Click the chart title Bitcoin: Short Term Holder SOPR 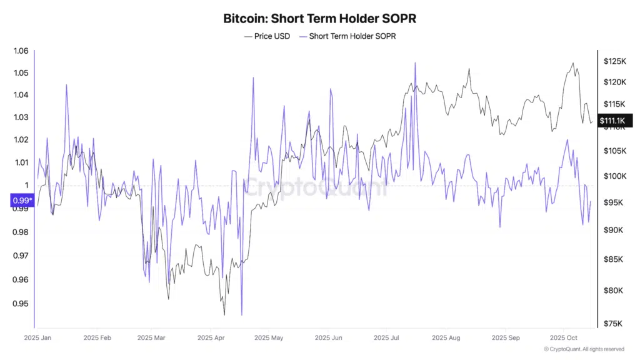point(319,19)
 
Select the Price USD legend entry point(267,36)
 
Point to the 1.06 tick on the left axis point(21,51)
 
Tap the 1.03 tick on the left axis point(21,117)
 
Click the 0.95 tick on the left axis point(21,304)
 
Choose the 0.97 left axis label point(21,256)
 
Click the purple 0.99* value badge point(21,201)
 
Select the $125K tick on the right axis point(615,61)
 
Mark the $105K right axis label point(615,151)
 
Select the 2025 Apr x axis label point(211,338)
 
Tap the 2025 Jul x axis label point(386,338)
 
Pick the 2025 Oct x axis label point(563,338)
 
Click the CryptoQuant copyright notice point(584,349)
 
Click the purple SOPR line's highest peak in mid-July point(414,63)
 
